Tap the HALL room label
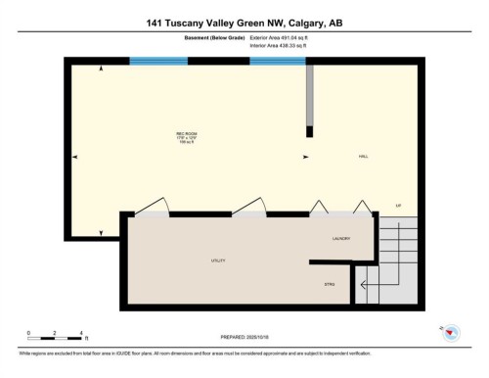(x=362, y=157)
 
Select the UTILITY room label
(x=218, y=261)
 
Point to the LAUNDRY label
(x=342, y=238)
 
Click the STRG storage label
(x=330, y=284)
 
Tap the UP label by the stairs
(x=398, y=205)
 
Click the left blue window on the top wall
(x=160, y=61)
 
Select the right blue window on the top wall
(x=277, y=61)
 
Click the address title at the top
(x=244, y=22)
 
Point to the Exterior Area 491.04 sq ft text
(x=279, y=38)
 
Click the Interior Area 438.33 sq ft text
(x=279, y=46)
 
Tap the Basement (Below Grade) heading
(x=215, y=38)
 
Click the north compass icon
(x=451, y=334)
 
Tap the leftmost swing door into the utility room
(x=154, y=208)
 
